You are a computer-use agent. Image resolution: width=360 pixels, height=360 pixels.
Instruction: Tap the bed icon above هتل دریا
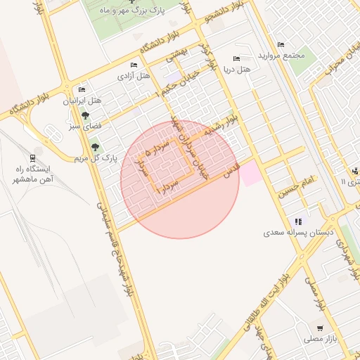pos(236,58)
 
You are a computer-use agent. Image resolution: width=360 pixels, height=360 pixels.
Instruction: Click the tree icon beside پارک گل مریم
pos(95,147)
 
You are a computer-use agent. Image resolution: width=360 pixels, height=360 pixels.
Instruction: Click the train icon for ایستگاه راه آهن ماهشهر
pos(32,157)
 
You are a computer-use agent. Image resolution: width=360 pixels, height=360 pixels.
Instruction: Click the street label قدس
pos(231,169)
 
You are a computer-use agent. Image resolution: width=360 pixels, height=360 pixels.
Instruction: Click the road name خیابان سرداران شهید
pos(193,149)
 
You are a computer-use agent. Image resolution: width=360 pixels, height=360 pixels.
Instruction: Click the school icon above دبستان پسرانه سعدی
pos(298,221)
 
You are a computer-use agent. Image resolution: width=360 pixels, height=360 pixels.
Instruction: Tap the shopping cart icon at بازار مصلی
pos(321,328)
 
